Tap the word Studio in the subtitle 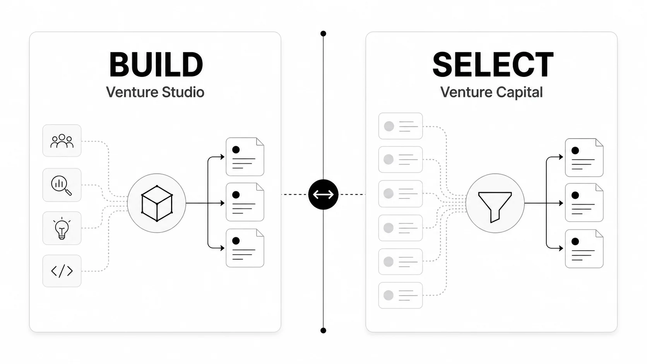(183, 92)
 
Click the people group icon (62, 141)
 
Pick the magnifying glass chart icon (61, 185)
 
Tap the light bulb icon (62, 228)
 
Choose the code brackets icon (62, 271)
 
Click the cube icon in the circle (157, 203)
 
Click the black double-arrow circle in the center (323, 195)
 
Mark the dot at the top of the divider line (323, 34)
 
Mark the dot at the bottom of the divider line (323, 330)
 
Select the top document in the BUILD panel (245, 157)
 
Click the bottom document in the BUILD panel (245, 248)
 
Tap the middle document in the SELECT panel (584, 203)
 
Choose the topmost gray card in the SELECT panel (401, 126)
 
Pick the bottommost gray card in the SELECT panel (401, 295)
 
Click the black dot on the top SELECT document (575, 150)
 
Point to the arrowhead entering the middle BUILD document (223, 203)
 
